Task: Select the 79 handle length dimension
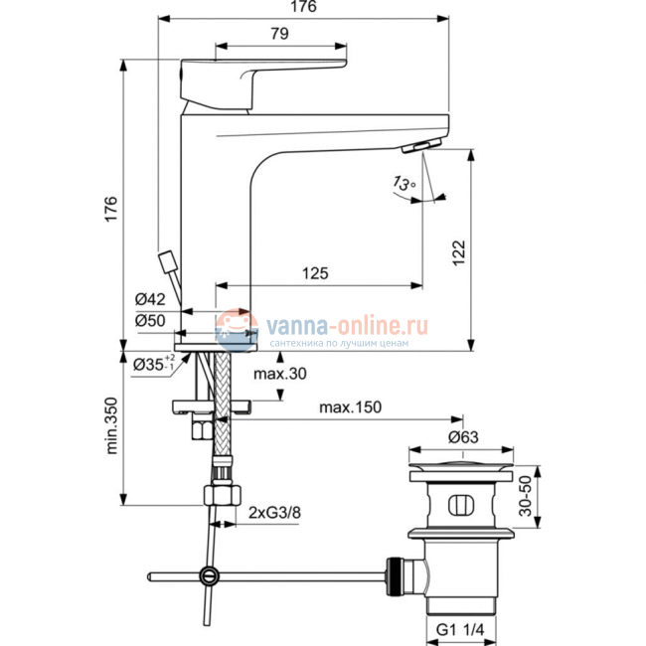[280, 34]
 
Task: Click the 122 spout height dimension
[484, 251]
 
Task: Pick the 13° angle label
[403, 184]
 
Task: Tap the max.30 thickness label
[277, 375]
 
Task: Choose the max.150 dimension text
[351, 408]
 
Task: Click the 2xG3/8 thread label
[275, 513]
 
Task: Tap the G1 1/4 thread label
[464, 628]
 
